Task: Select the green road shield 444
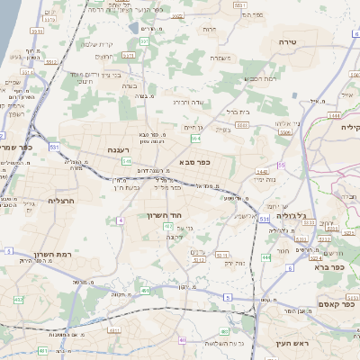coord(265,257)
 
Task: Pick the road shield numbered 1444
coord(335,115)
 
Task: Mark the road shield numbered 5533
coord(239,4)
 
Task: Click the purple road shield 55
coord(280,165)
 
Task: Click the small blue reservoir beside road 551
coord(134,27)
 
